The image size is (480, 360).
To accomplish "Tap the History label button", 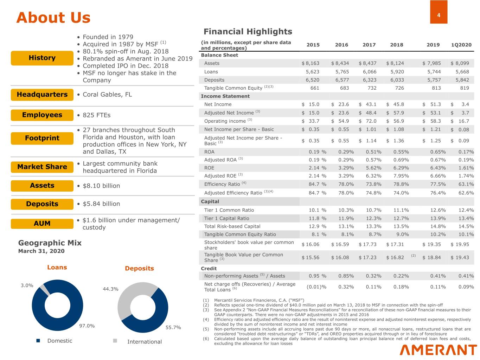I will click(42, 58).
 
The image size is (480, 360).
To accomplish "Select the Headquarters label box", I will click(42, 95).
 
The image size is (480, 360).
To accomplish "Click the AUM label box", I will click(42, 224).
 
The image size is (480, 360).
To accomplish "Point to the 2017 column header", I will click(369, 45).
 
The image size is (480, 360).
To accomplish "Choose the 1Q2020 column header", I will click(461, 45).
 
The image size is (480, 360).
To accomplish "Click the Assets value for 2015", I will click(311, 63).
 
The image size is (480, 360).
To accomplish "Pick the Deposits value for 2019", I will click(434, 80).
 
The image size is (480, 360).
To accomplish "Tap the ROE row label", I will click(209, 168).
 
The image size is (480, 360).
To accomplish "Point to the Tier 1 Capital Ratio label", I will click(226, 218).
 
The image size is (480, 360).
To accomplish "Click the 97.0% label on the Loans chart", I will click(87, 326).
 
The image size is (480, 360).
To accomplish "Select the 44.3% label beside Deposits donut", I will click(110, 289).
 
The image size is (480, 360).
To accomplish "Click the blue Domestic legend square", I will click(38, 341).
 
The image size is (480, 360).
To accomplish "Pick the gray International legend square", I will click(115, 341).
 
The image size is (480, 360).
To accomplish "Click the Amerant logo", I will click(438, 350).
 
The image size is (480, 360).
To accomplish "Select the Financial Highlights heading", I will click(248, 32).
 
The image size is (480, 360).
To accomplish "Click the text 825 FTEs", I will click(96, 115).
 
